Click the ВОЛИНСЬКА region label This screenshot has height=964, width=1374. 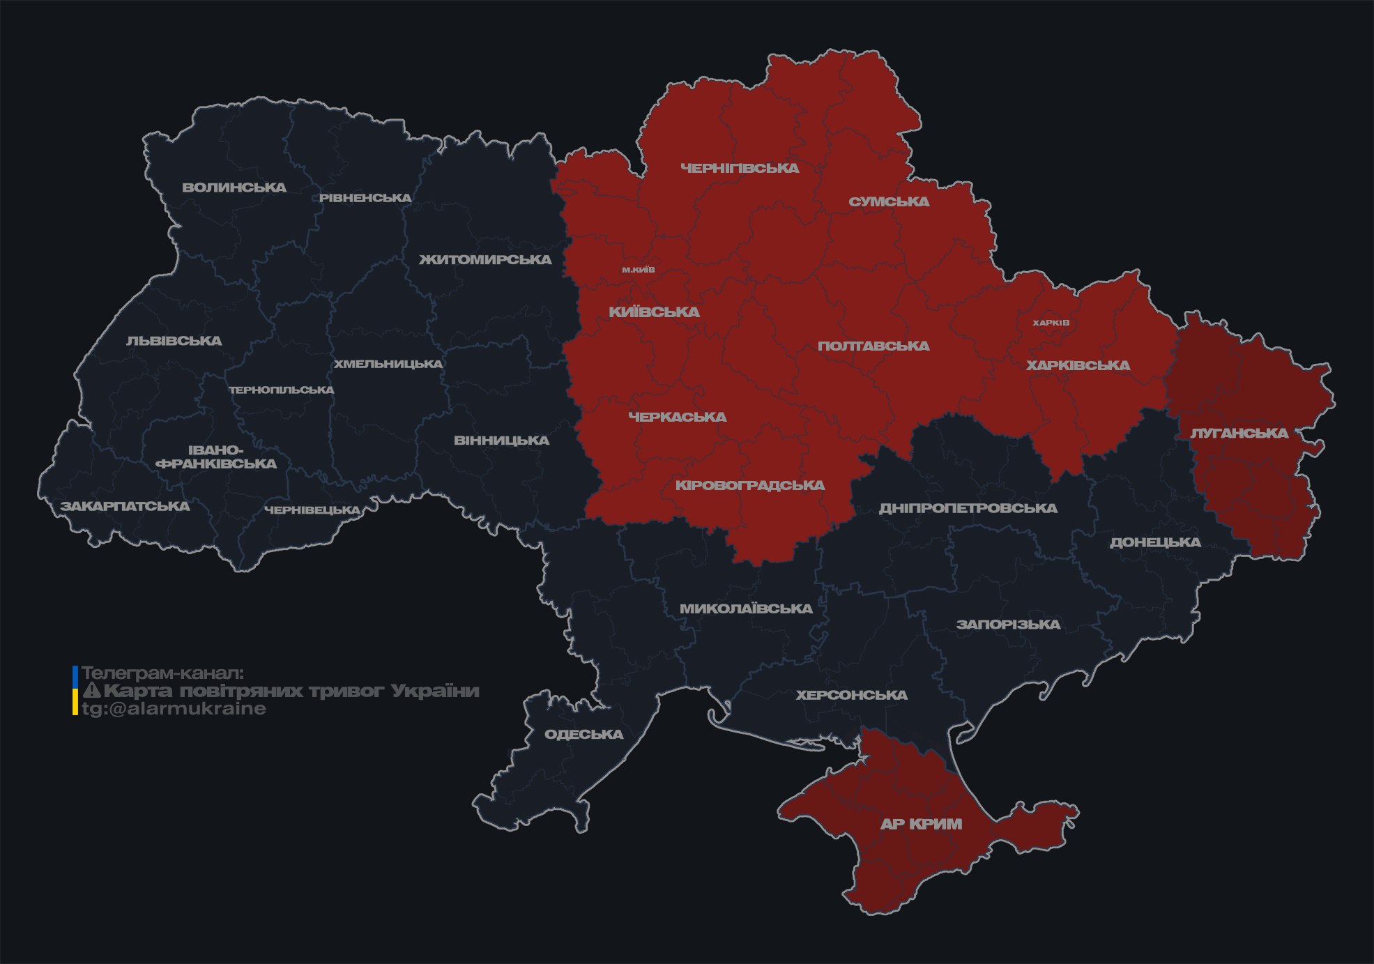[234, 188]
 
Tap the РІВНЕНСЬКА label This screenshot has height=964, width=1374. [365, 198]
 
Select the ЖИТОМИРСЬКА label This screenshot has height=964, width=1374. [485, 260]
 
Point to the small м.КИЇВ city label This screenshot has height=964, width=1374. [639, 270]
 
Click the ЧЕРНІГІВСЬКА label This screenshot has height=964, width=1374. [740, 168]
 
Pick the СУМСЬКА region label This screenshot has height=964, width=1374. [889, 202]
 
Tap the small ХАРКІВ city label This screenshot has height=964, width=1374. [1051, 323]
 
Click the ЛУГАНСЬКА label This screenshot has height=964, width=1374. [1239, 434]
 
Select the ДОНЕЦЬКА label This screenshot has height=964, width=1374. [1155, 542]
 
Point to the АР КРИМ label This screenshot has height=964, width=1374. [921, 824]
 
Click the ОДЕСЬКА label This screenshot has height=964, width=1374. [583, 735]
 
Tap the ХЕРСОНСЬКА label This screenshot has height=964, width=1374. [851, 695]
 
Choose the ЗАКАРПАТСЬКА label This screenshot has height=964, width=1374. [125, 506]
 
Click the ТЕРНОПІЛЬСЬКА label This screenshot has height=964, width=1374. [282, 390]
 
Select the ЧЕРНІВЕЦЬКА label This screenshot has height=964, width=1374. [312, 510]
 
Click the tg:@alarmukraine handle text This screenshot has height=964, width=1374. [174, 709]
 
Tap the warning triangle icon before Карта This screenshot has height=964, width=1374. [91, 691]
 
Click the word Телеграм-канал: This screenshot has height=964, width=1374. [162, 673]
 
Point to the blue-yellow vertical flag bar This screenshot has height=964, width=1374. [75, 691]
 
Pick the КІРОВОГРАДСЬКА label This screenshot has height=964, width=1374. [749, 485]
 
